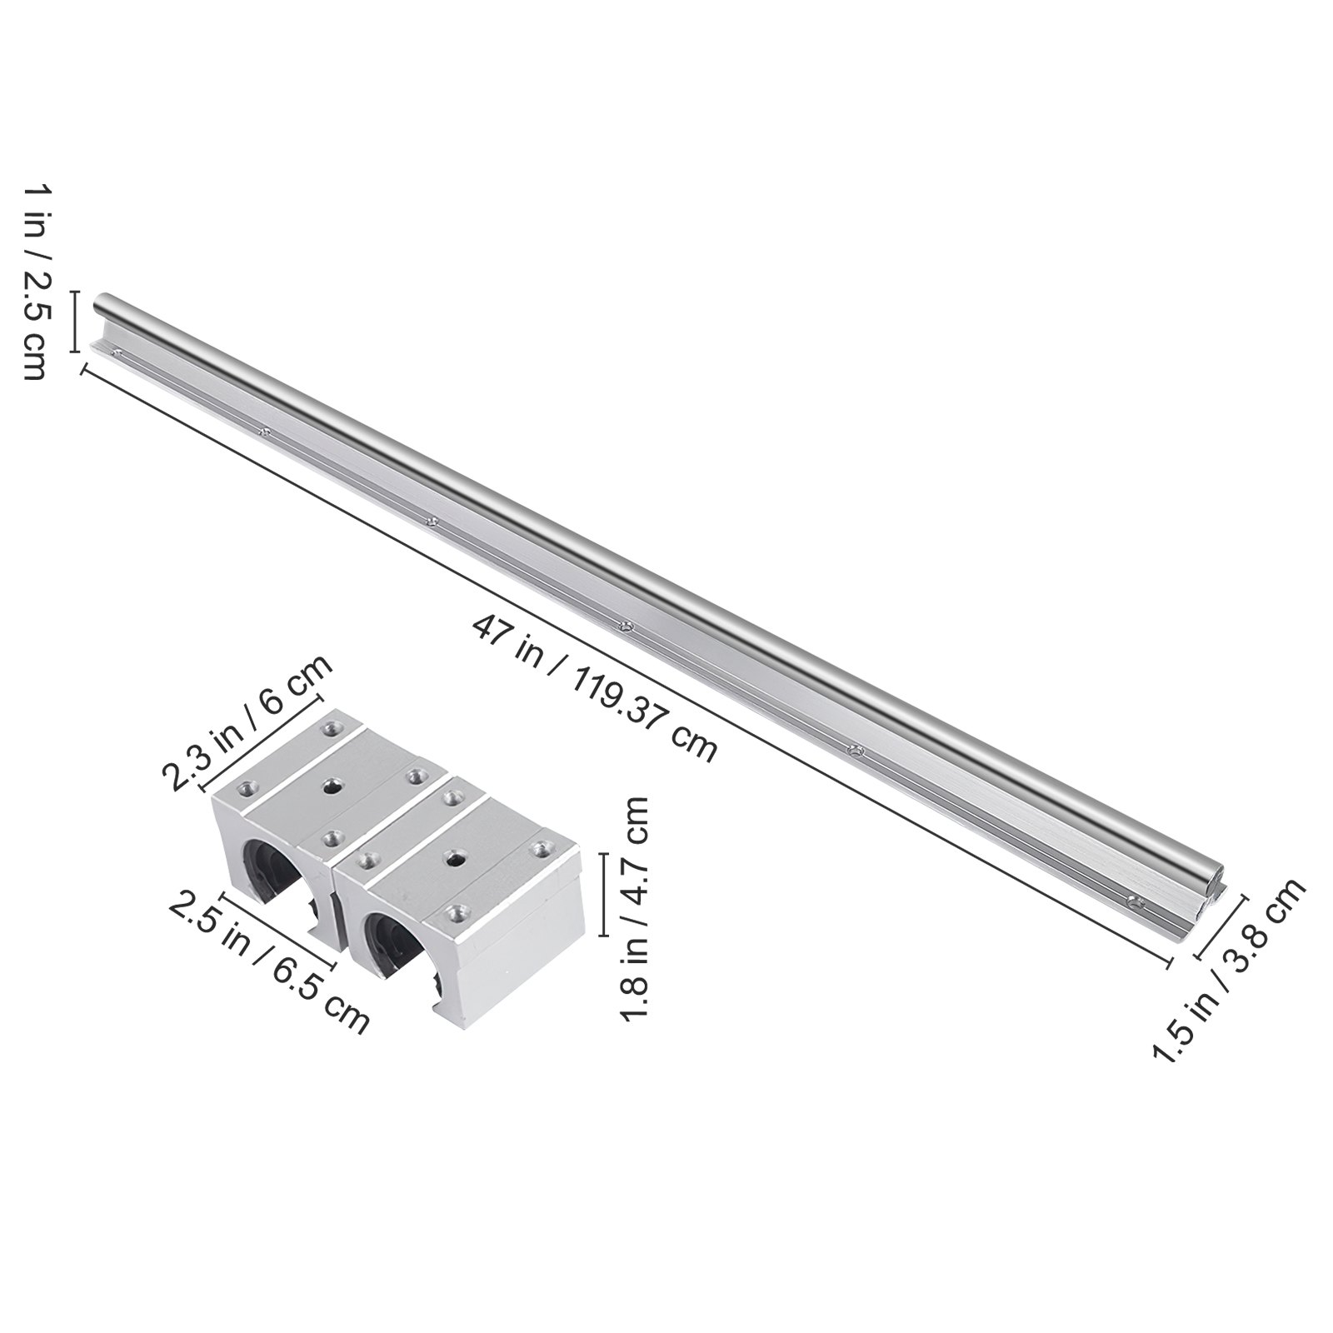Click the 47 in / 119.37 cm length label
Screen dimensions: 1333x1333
(x=594, y=688)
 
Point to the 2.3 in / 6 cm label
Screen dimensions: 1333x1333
(x=247, y=722)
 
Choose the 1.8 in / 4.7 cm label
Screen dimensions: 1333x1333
(x=634, y=908)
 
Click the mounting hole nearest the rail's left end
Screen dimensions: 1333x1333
(x=116, y=353)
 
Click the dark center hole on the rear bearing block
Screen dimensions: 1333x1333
(x=334, y=786)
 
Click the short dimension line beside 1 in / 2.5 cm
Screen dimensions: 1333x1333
(x=75, y=322)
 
